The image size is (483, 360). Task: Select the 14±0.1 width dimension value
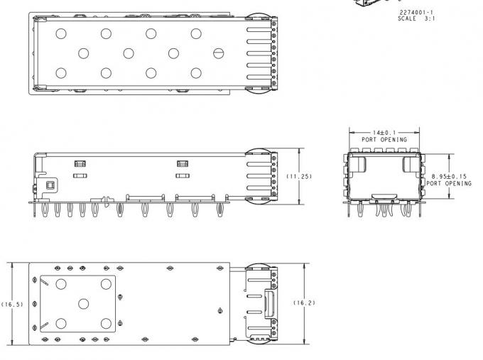pyautogui.click(x=384, y=133)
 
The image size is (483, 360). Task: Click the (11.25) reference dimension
pyautogui.click(x=299, y=175)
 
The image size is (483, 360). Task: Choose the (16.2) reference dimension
pyautogui.click(x=304, y=302)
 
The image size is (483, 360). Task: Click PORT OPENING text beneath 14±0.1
pyautogui.click(x=384, y=140)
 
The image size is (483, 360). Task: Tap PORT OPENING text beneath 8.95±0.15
pyautogui.click(x=449, y=184)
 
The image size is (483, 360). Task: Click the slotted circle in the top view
pyautogui.click(x=219, y=53)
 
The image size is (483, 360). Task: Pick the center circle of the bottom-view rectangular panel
pyautogui.click(x=83, y=303)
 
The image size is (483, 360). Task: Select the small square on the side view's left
pyautogui.click(x=50, y=186)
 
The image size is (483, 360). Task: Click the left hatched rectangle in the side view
pyautogui.click(x=80, y=164)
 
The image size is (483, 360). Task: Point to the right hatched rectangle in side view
pyautogui.click(x=182, y=164)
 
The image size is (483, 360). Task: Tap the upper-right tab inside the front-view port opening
pyautogui.click(x=409, y=165)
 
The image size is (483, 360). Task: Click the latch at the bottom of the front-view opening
pyautogui.click(x=384, y=195)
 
